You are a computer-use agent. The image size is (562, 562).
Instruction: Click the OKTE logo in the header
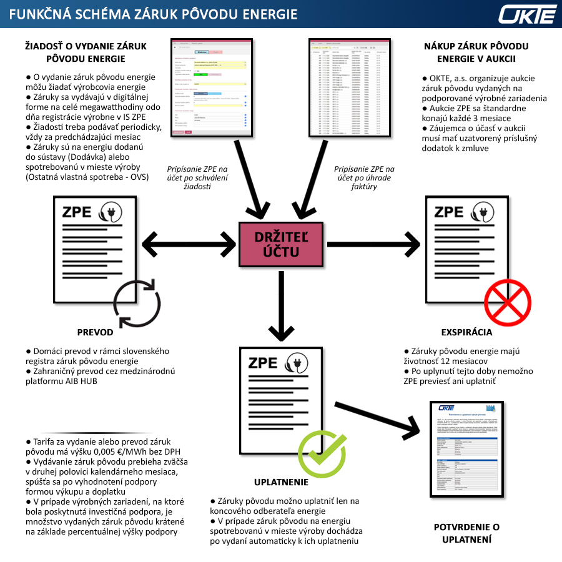(527, 14)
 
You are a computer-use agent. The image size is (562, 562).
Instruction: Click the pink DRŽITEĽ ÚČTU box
(282, 244)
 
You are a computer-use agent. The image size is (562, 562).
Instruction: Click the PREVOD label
(95, 332)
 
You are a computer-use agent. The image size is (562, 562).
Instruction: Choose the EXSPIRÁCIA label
(466, 332)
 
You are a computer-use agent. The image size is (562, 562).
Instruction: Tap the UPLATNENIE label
(281, 482)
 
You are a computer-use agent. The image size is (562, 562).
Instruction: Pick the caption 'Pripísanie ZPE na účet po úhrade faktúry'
(364, 177)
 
